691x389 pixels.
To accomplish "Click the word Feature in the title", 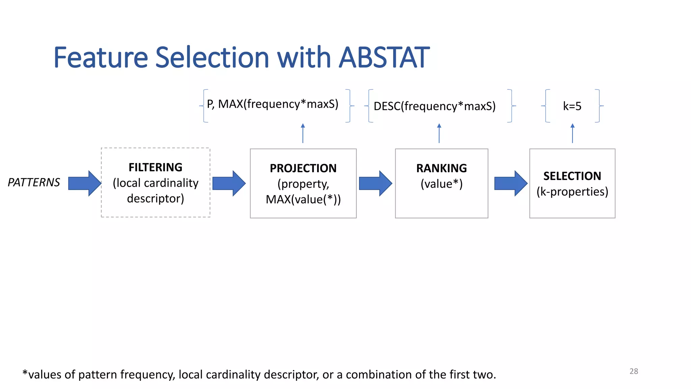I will point(101,57).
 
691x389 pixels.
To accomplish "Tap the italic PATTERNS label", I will point(34,183).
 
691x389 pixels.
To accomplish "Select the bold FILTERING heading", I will point(156,167).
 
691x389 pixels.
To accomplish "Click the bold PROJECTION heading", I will point(303,168).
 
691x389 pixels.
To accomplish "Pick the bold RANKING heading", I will point(441,168).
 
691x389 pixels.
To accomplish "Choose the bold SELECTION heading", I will point(572,176).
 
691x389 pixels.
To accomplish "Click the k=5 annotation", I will point(572,106).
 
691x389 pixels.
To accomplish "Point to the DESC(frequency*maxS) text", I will point(435,106).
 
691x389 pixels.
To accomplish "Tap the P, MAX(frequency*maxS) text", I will point(273,104).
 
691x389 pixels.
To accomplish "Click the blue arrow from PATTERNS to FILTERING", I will point(84,183).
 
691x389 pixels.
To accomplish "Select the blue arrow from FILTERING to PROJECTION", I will point(229,183).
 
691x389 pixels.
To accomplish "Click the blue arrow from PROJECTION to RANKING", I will point(375,183).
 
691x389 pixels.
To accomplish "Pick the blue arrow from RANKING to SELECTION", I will point(510,183).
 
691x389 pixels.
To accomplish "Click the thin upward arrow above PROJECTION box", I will point(303,133).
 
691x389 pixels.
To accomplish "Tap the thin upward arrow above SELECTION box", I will point(572,133).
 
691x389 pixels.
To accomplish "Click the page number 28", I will point(634,371).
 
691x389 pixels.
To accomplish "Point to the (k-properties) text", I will point(572,191).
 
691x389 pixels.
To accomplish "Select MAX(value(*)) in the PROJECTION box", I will point(303,199).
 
